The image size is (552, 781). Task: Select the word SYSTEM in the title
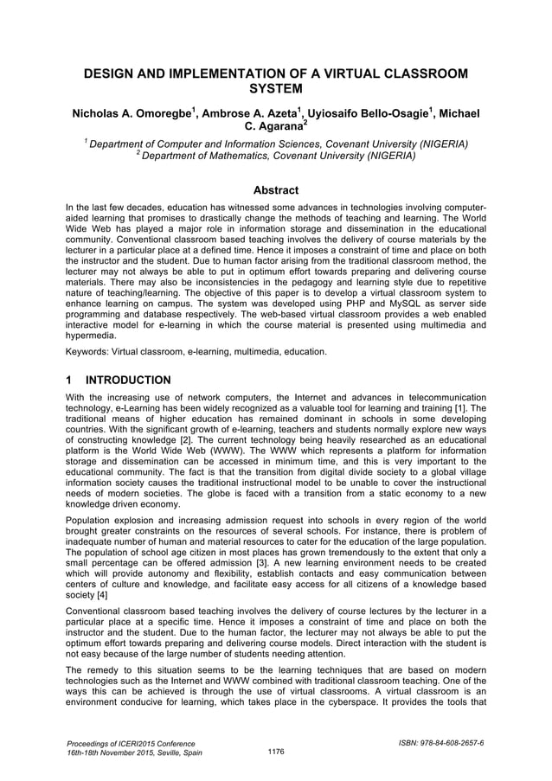tap(275, 89)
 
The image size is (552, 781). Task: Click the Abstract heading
tap(275, 190)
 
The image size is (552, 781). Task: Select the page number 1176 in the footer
tap(276, 752)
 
